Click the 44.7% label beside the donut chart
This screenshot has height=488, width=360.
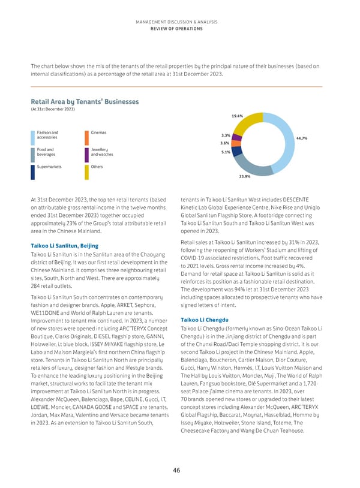[302, 138]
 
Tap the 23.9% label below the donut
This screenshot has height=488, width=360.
[245, 177]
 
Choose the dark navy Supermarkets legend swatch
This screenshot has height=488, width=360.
[32, 172]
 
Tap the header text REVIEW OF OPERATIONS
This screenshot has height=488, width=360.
[180, 28]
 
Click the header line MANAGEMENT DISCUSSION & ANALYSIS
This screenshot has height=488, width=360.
[180, 21]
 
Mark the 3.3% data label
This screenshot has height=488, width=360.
[226, 135]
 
